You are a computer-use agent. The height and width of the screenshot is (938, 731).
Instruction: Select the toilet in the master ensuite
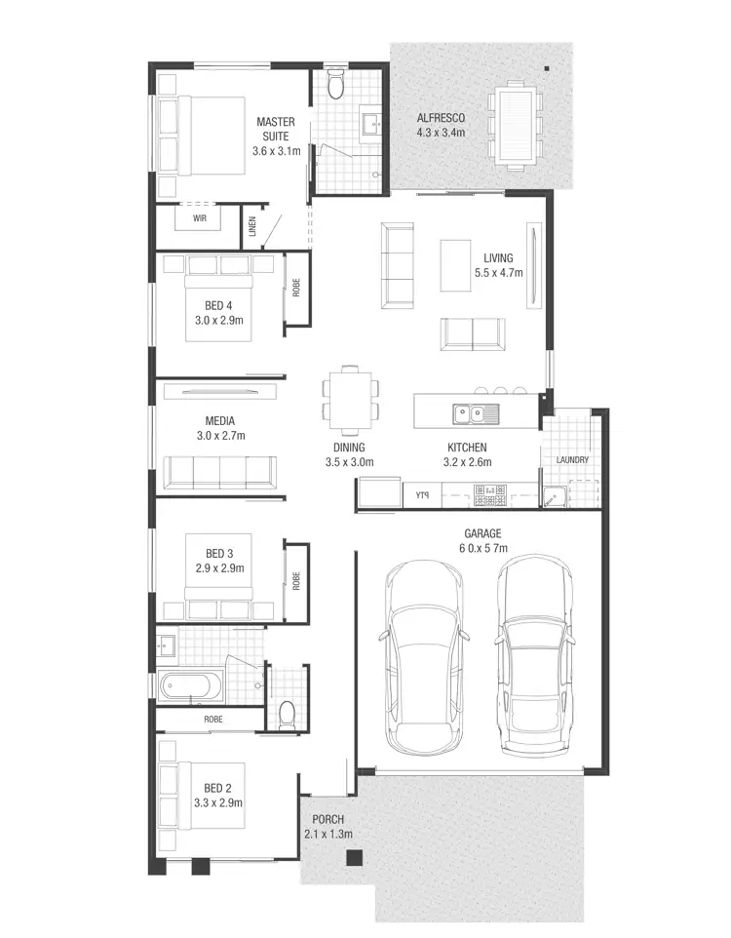coord(335,86)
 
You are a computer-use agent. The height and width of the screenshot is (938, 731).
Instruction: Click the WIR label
coord(200,218)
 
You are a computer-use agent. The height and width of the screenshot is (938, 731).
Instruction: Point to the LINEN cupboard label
coord(251,228)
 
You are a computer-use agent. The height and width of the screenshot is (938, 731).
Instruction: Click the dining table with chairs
coord(350,398)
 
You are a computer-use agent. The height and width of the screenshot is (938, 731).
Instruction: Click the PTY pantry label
coord(422,495)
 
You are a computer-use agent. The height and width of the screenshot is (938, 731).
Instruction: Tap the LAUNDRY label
coord(572,460)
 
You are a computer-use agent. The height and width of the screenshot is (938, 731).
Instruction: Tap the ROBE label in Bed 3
coord(295,581)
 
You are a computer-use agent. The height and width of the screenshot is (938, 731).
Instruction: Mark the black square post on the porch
coord(355,858)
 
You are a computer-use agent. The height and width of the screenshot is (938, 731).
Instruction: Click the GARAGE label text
coord(482,533)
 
